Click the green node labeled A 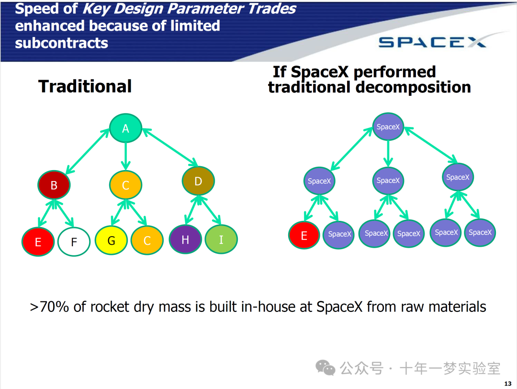pyautogui.click(x=126, y=128)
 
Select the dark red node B pyautogui.click(x=54, y=185)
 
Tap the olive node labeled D pyautogui.click(x=198, y=181)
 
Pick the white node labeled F pyautogui.click(x=74, y=242)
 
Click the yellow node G pyautogui.click(x=111, y=240)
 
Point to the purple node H pyautogui.click(x=185, y=240)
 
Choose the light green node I pyautogui.click(x=221, y=240)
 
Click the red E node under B pyautogui.click(x=38, y=242)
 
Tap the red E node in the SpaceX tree pyautogui.click(x=304, y=235)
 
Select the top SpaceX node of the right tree pyautogui.click(x=388, y=127)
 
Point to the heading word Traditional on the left pyautogui.click(x=85, y=86)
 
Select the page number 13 pyautogui.click(x=508, y=383)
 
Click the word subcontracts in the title pyautogui.click(x=62, y=43)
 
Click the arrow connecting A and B pyautogui.click(x=88, y=151)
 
